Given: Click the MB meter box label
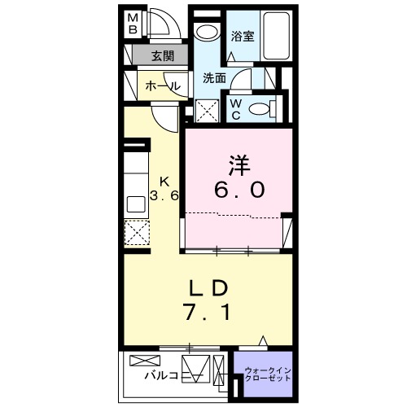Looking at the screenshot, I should tap(133, 24).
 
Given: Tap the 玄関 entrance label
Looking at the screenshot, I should tap(162, 56).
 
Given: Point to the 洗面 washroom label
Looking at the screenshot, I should tap(214, 78).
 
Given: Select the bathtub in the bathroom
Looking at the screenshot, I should tap(278, 36).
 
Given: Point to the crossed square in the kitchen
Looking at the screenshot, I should tap(136, 234).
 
